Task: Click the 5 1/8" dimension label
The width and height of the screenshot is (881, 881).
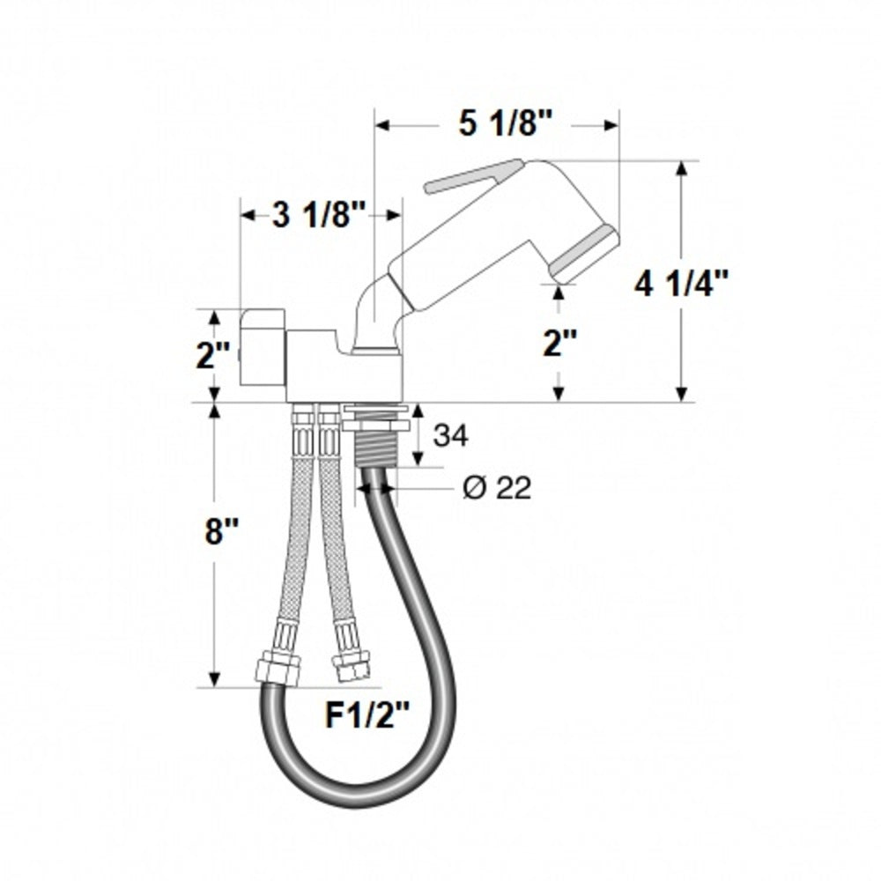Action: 498,125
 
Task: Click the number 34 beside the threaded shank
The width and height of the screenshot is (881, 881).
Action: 450,434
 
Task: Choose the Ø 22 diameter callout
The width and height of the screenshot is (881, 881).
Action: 497,487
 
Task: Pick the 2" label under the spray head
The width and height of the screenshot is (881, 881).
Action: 559,343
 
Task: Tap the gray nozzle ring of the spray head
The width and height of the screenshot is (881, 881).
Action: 584,252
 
